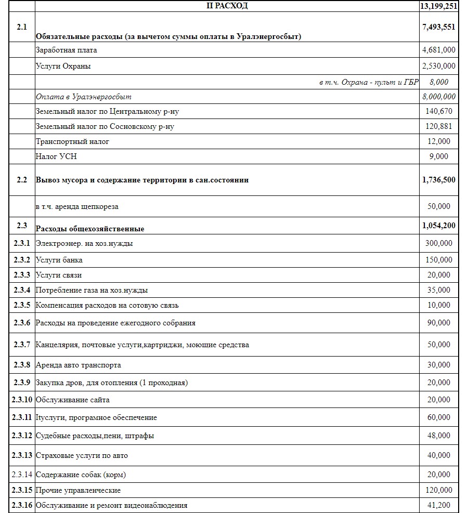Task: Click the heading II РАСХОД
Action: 227,6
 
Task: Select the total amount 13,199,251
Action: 438,6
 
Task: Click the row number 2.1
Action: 22,27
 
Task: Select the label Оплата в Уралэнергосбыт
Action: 83,97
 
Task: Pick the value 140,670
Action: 439,111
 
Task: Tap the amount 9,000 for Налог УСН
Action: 439,156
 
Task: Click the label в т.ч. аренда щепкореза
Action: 77,206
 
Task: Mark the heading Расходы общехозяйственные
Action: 89,229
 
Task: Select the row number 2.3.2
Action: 22,259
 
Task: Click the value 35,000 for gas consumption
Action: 439,290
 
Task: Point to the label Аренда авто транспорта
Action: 78,365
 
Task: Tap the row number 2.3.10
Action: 22,400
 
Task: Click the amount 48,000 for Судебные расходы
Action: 439,436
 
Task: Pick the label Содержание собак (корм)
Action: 81,475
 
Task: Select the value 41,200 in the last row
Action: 439,505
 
